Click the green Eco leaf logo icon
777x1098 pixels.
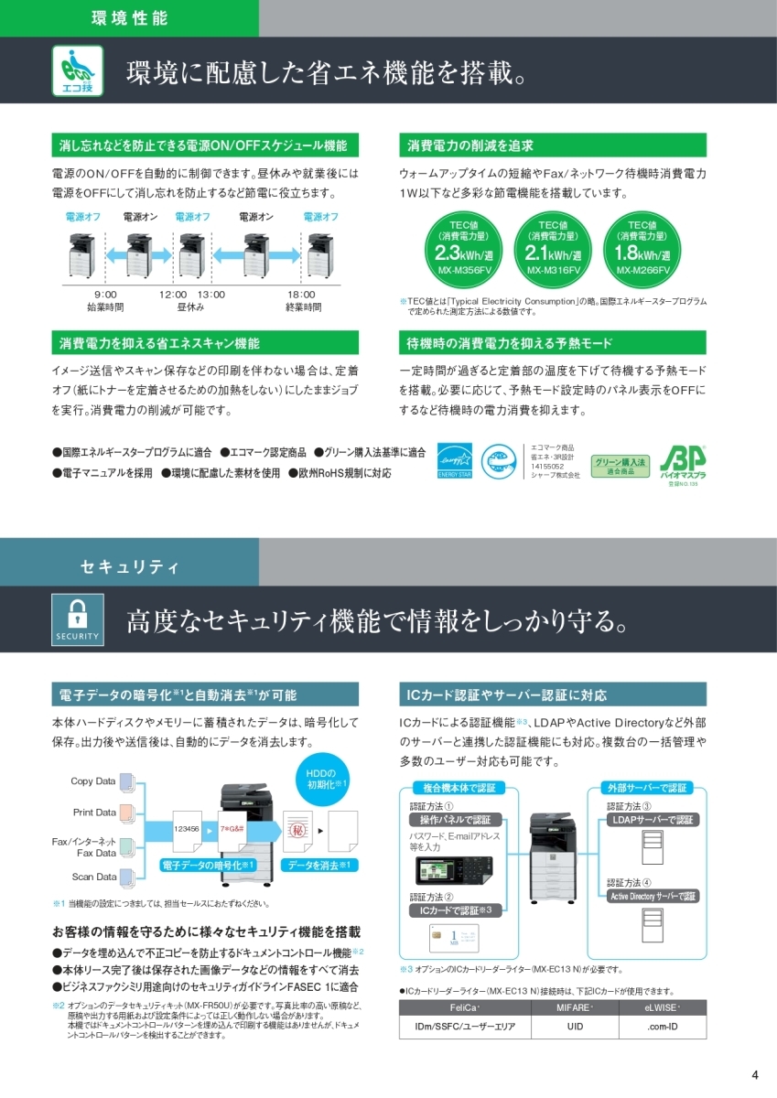(x=78, y=70)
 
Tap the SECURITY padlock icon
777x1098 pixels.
(x=78, y=619)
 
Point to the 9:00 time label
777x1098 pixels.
(x=105, y=294)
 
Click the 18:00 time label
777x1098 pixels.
(x=301, y=294)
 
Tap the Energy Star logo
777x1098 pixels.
(x=453, y=461)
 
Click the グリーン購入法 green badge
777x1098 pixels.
(x=621, y=465)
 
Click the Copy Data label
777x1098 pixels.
(x=93, y=780)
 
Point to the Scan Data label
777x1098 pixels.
(x=94, y=877)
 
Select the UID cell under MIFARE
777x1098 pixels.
(x=575, y=1028)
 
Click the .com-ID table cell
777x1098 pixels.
(x=662, y=1028)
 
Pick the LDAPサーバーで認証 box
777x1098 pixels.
(x=653, y=819)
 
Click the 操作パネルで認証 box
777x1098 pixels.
(x=455, y=819)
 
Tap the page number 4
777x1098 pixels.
(x=754, y=1074)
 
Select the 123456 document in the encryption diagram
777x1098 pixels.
(x=187, y=827)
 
